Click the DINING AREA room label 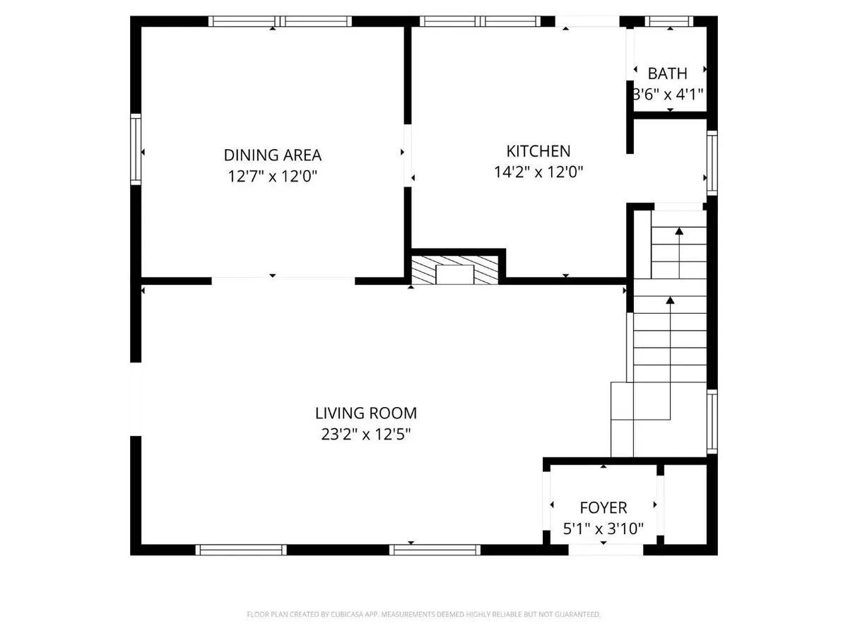[x=273, y=155]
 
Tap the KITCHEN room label [x=538, y=151]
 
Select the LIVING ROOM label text [x=366, y=413]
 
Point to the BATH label [x=667, y=73]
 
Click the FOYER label [x=603, y=507]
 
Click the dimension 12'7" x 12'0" [x=273, y=176]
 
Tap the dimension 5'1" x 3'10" [x=603, y=529]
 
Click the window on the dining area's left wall [x=136, y=149]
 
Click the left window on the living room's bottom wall [x=241, y=549]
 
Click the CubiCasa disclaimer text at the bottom [x=424, y=615]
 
